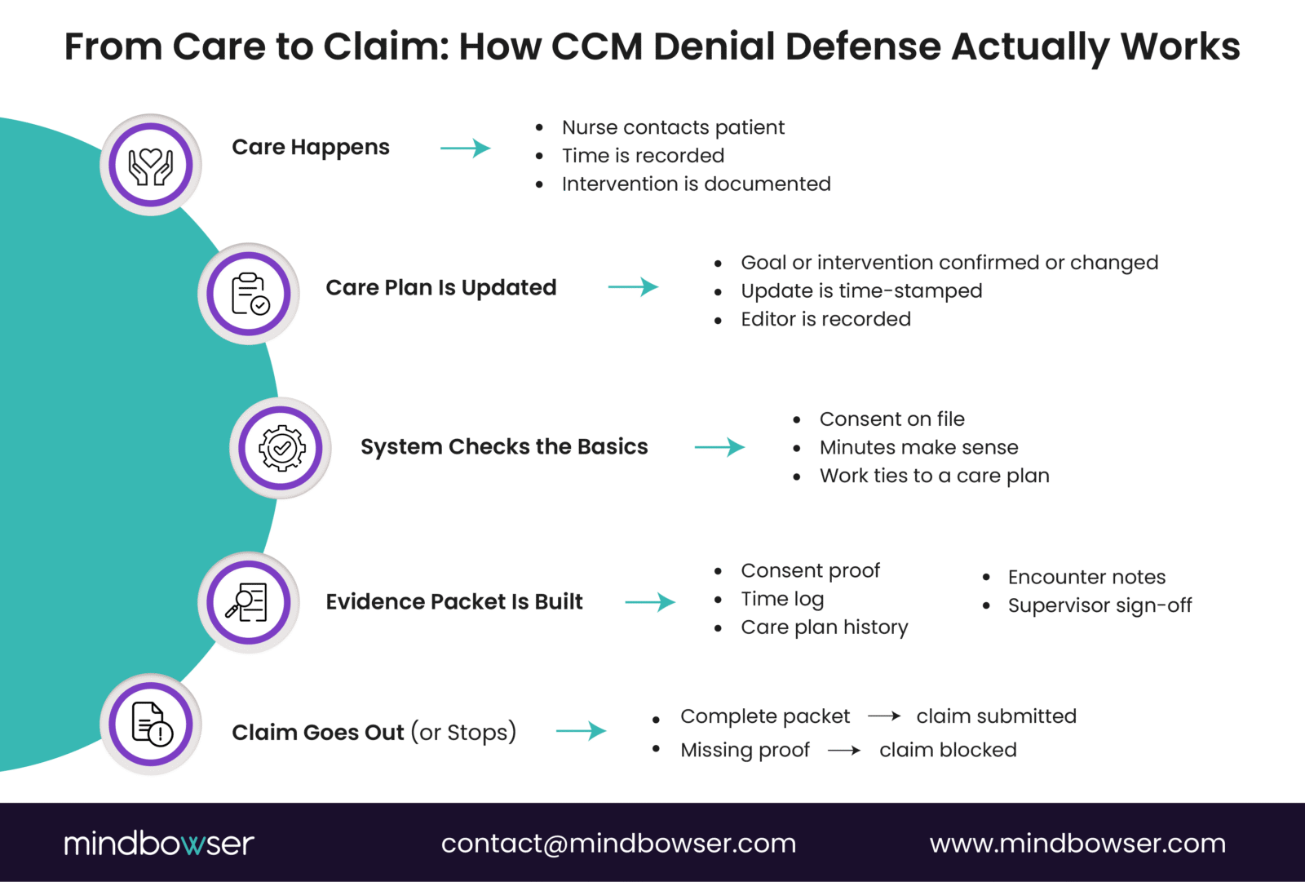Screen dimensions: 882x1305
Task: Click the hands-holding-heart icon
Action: point(151,166)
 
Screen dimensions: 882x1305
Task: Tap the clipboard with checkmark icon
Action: point(249,294)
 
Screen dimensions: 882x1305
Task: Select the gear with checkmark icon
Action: point(281,448)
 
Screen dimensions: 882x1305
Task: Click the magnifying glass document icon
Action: point(248,602)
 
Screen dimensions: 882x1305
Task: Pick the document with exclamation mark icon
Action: point(152,724)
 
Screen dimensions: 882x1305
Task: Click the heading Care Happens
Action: point(310,148)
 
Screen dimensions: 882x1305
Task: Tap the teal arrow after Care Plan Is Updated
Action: point(633,287)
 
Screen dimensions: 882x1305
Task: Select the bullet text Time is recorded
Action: point(643,156)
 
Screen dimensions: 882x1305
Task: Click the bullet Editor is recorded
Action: point(825,319)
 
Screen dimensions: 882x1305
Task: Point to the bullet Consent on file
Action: point(891,419)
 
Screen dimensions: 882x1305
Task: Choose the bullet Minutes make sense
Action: point(918,448)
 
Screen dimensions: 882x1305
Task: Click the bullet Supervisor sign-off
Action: point(1099,605)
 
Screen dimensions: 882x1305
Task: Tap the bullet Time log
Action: point(782,599)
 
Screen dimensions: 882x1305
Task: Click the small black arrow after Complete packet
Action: point(883,716)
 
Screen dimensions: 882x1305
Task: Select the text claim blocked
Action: point(948,750)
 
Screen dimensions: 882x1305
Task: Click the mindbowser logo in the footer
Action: point(159,843)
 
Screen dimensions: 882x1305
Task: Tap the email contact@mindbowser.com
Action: point(618,843)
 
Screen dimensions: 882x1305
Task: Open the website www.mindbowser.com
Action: point(1077,843)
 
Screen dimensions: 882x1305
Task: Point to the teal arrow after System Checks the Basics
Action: point(719,447)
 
